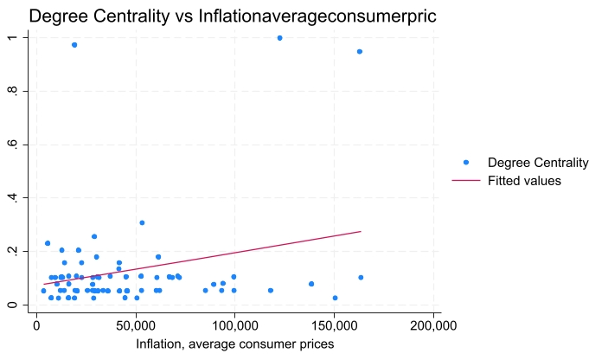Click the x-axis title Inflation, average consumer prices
[234, 344]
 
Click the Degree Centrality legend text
[538, 163]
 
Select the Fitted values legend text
[525, 181]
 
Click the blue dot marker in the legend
[466, 163]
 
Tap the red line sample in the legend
[466, 181]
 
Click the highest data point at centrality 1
[279, 38]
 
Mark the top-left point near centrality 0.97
[74, 45]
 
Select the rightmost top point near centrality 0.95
[360, 52]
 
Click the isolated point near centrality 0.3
[142, 222]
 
